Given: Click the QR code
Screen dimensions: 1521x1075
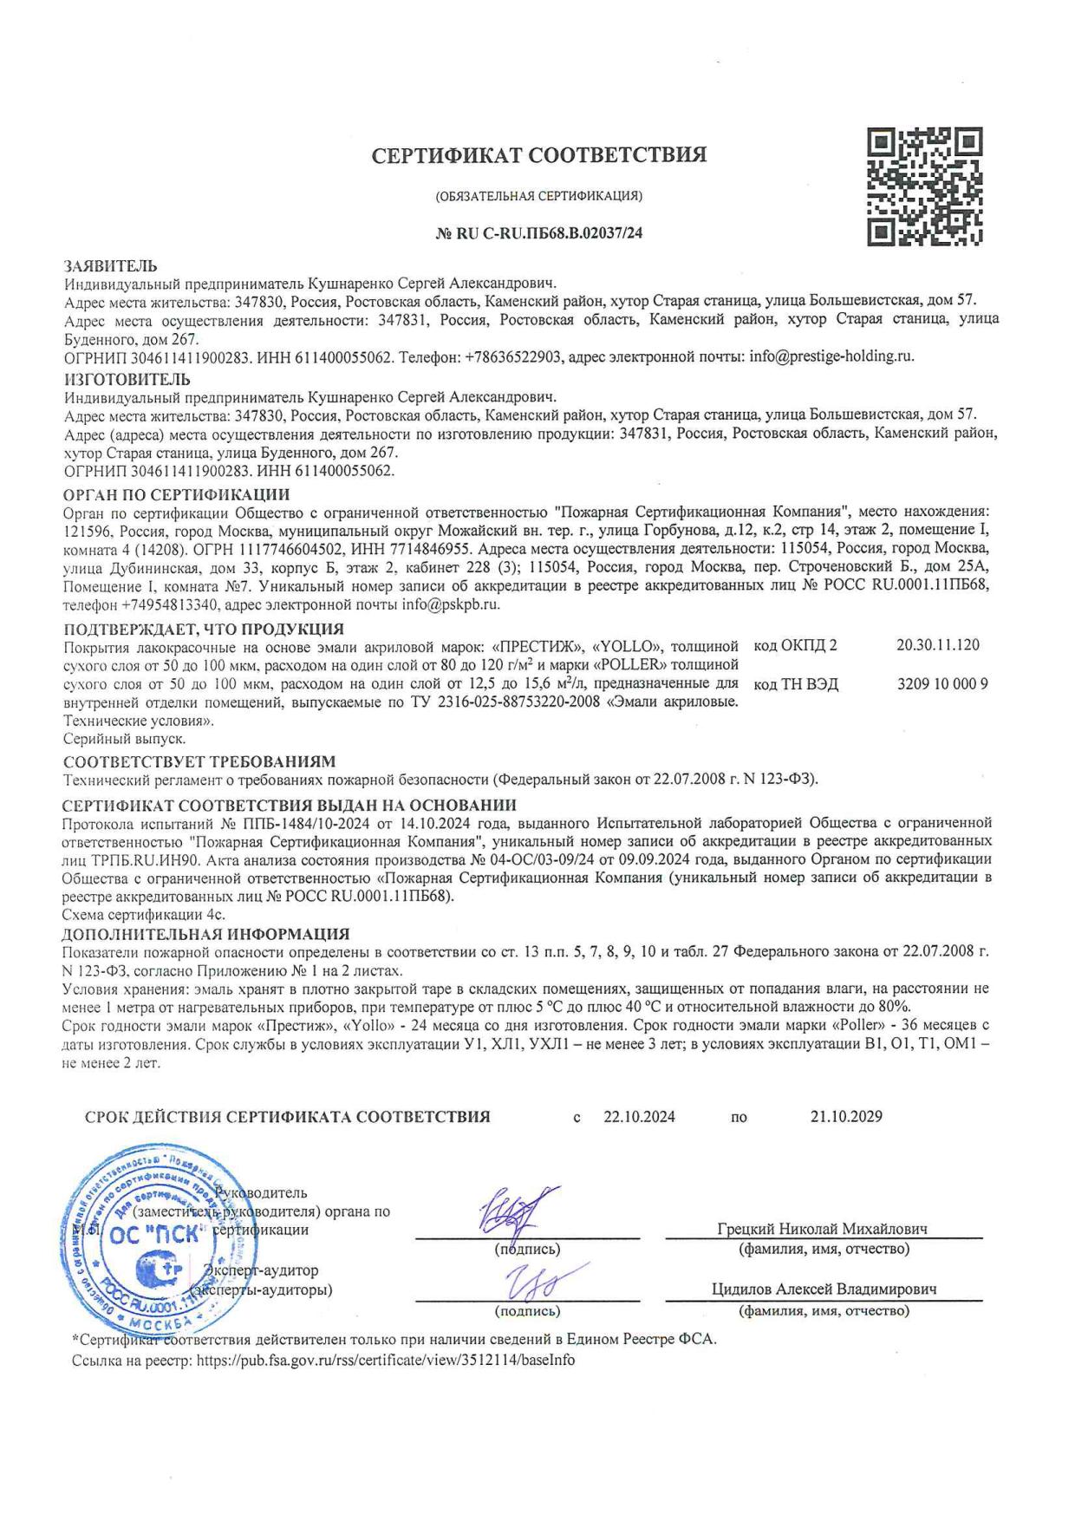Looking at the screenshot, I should tap(925, 185).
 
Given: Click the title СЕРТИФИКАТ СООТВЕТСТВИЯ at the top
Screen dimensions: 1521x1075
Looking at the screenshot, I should tap(538, 155).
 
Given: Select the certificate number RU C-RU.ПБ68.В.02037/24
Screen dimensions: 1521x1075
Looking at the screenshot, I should tap(538, 232).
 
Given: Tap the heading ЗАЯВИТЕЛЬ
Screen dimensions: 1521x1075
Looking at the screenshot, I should tap(111, 265).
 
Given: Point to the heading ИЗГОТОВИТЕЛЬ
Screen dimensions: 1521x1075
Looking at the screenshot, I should tap(127, 379).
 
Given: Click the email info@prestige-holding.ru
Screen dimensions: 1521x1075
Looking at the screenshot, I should tap(831, 356).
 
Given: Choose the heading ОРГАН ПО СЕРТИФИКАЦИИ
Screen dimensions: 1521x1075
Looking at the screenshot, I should tap(177, 494).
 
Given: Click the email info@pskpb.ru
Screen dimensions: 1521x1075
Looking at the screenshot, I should tap(451, 604).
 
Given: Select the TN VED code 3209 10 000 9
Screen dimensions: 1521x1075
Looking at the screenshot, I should tap(942, 684).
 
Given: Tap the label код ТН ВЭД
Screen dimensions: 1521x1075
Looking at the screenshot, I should tap(796, 684).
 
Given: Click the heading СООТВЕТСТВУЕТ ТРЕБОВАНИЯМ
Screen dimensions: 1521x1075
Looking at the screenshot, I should tap(199, 761).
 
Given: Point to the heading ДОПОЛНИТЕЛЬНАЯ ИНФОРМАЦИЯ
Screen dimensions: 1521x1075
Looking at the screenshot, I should tap(206, 934).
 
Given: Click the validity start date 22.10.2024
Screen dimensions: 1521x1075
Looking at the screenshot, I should tap(639, 1117).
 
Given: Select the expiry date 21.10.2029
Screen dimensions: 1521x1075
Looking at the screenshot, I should tap(846, 1117).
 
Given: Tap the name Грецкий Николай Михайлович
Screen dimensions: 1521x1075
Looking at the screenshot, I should tap(822, 1229).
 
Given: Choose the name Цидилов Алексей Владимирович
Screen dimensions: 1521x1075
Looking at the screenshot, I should tap(824, 1289).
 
